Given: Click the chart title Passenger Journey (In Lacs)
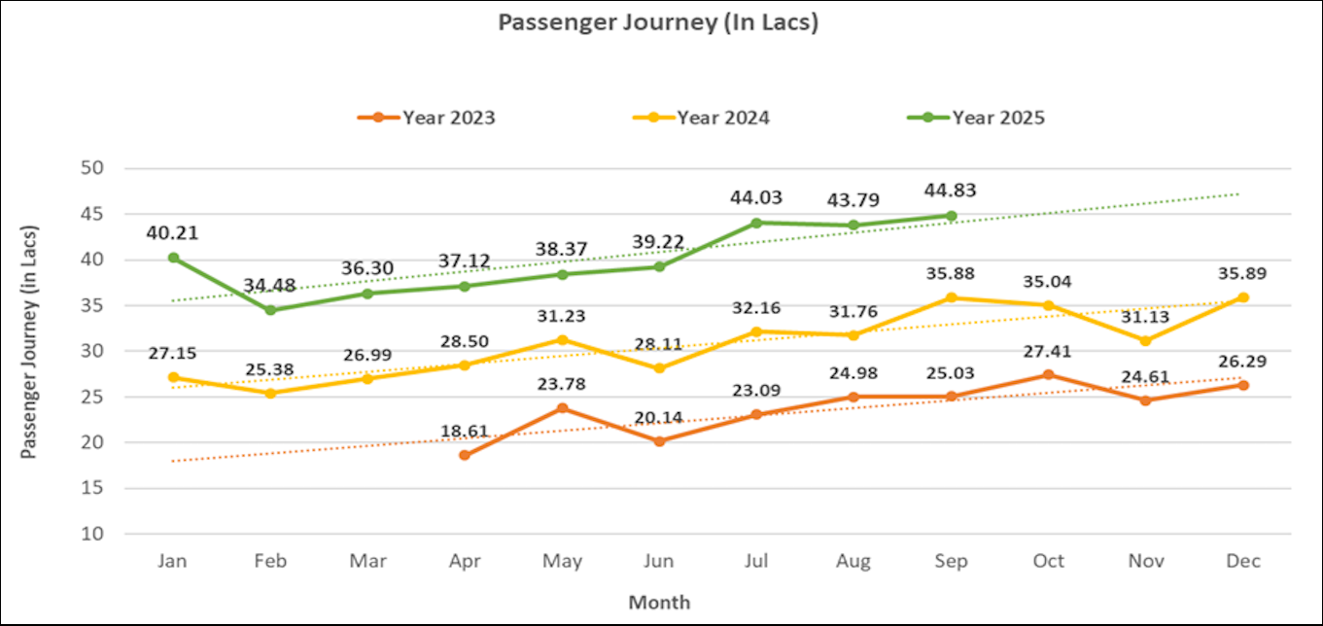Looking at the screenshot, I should (x=658, y=21).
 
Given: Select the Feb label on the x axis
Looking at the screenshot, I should (x=270, y=561).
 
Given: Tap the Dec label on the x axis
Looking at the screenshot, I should (x=1243, y=561).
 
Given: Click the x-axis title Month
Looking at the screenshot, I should (x=659, y=602).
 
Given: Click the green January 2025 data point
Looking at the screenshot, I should (x=173, y=258).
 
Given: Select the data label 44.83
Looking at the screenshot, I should (x=951, y=191).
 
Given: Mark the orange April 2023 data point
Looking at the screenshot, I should (x=465, y=455).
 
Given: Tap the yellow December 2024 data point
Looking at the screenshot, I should (x=1243, y=297).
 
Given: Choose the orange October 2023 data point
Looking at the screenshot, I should (x=1048, y=374).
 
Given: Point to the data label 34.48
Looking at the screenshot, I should (x=270, y=285).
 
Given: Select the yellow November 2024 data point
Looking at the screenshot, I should (x=1146, y=341).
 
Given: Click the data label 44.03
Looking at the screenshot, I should (x=756, y=198).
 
